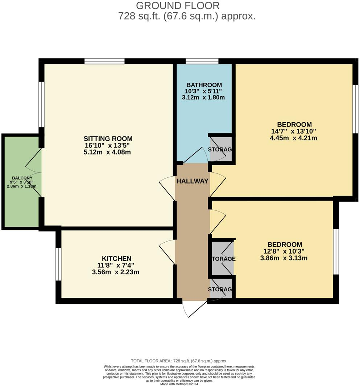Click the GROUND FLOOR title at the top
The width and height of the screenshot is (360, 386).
pyautogui.click(x=178, y=5)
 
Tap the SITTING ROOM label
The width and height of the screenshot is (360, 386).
pyautogui.click(x=108, y=139)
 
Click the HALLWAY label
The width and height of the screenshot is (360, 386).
pyautogui.click(x=192, y=181)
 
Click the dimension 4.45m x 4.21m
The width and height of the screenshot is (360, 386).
pyautogui.click(x=294, y=138)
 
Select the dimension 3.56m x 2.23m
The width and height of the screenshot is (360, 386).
pyautogui.click(x=116, y=272)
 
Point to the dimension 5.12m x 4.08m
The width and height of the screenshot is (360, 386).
pyautogui.click(x=107, y=152)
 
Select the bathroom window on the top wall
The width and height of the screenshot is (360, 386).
pyautogui.click(x=202, y=61)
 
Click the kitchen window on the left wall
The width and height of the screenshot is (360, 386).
pyautogui.click(x=58, y=264)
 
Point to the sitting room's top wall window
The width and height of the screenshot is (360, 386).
pyautogui.click(x=104, y=61)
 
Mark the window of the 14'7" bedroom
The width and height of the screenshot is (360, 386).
pyautogui.click(x=356, y=109)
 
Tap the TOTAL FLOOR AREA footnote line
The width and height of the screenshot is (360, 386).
pyautogui.click(x=179, y=361)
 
